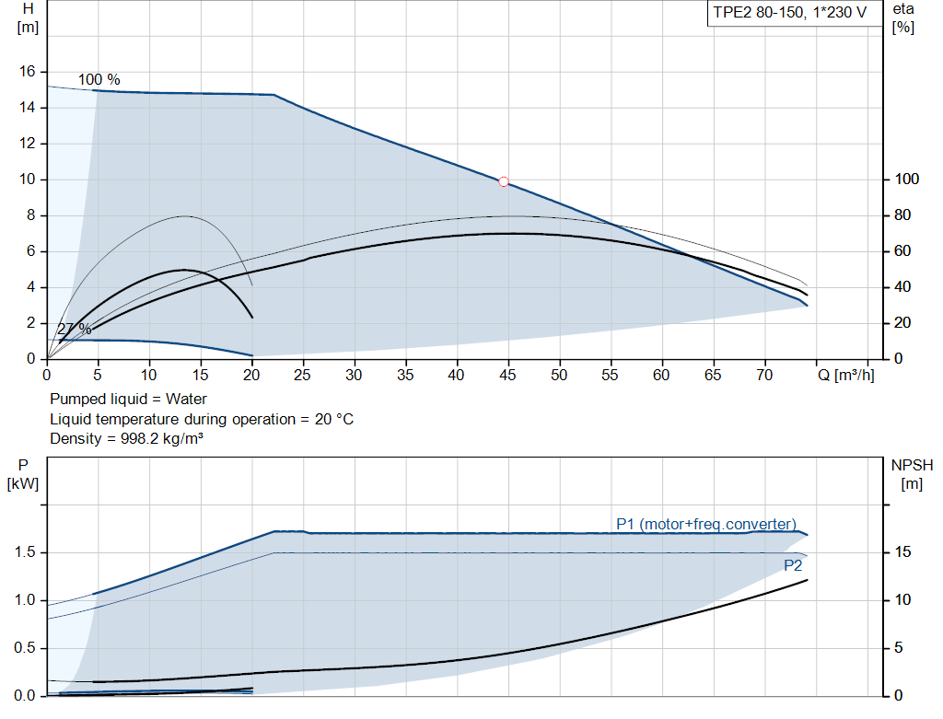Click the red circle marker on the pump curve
point(504,181)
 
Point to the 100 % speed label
point(99,80)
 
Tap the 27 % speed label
point(74,329)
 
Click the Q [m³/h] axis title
point(844,375)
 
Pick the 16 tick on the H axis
point(27,72)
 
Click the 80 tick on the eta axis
point(902,215)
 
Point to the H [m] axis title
point(28,17)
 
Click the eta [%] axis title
point(902,17)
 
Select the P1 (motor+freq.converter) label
point(705,524)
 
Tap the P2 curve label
point(793,565)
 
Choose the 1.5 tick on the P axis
point(26,552)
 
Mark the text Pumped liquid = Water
point(128,399)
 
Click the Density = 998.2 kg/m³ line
point(126,438)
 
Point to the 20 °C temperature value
point(332,419)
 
